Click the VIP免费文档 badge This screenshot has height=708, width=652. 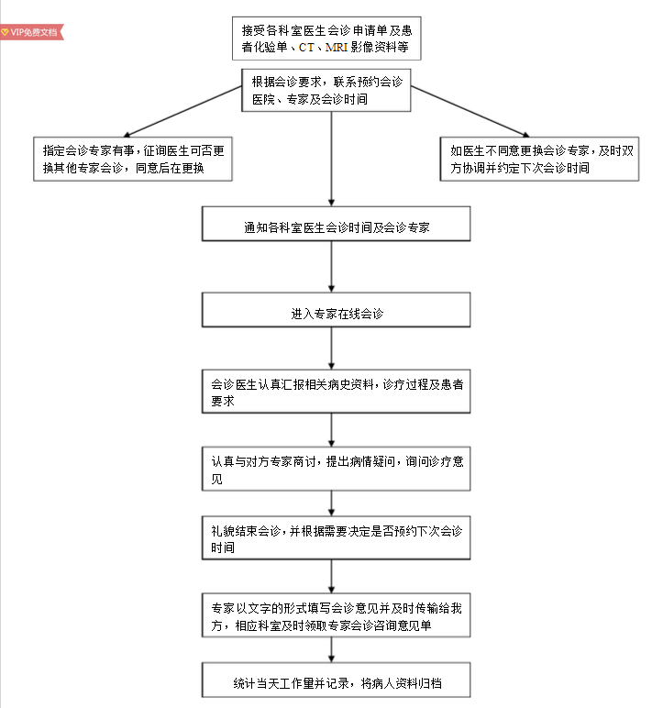point(30,31)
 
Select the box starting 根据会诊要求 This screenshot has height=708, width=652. point(332,90)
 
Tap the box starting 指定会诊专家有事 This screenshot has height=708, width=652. point(130,159)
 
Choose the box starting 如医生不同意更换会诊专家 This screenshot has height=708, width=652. point(539,159)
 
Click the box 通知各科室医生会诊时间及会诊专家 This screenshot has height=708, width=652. point(336,225)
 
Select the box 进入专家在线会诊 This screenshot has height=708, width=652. point(336,311)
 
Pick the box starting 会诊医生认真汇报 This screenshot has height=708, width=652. point(336,392)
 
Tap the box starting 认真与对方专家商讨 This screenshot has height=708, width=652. point(336,470)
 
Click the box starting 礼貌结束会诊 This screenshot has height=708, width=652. point(336,539)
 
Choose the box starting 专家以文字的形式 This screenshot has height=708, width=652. point(336,616)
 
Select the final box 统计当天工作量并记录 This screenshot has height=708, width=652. point(336,683)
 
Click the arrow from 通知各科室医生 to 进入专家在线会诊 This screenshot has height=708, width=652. point(332,268)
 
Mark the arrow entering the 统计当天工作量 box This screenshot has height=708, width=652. point(332,651)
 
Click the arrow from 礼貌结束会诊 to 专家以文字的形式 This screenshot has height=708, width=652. point(332,576)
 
